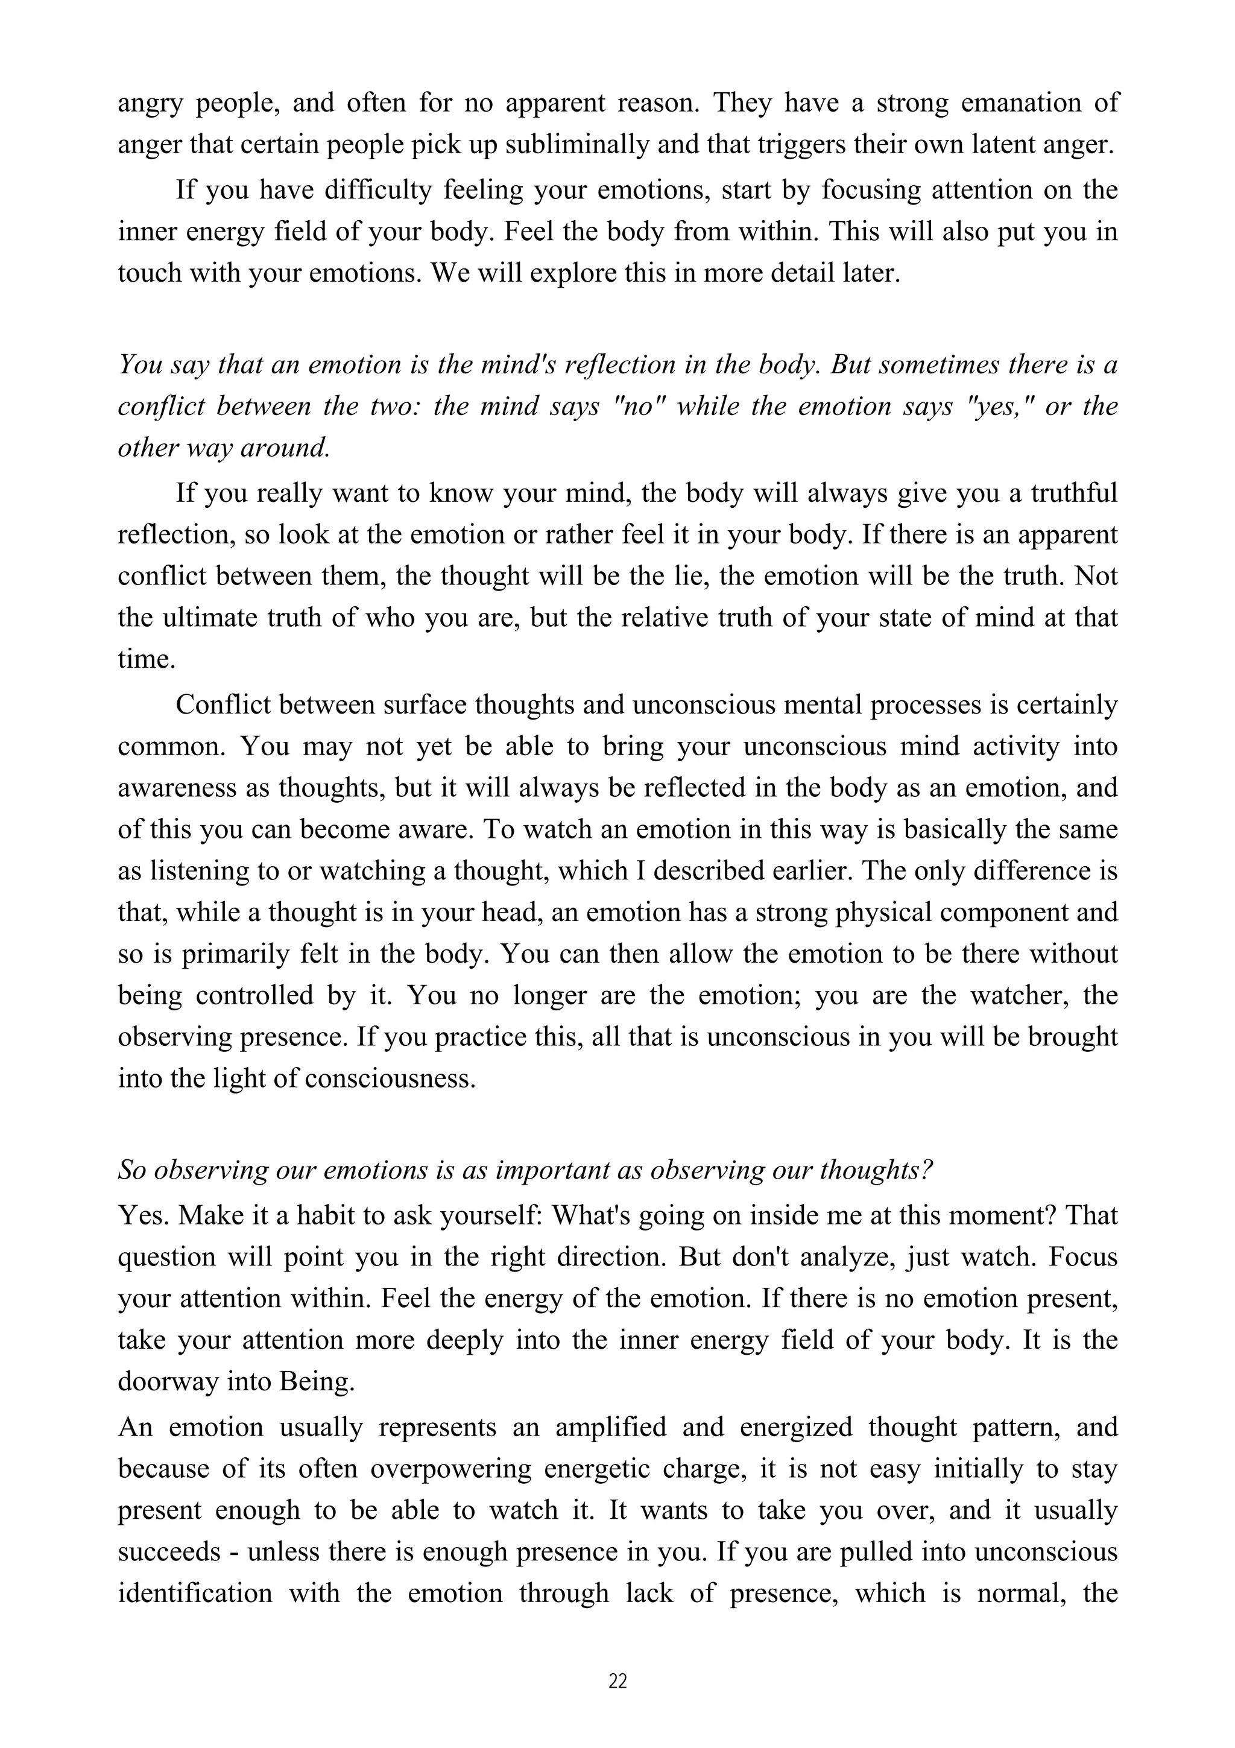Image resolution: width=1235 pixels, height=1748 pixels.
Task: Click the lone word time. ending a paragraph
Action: click(x=146, y=659)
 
